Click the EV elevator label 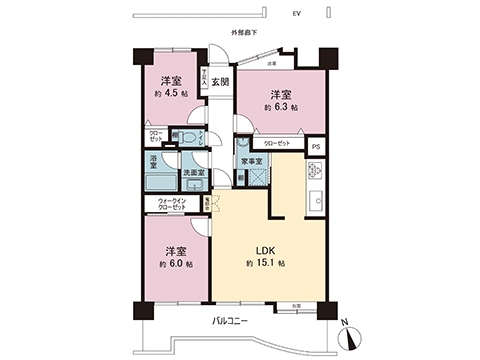click(x=297, y=15)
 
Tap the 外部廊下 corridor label click(x=244, y=33)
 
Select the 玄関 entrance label click(x=220, y=82)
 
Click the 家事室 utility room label click(x=251, y=161)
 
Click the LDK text click(x=263, y=249)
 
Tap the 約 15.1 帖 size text click(x=266, y=263)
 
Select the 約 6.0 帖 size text click(x=176, y=264)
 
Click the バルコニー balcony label click(x=231, y=319)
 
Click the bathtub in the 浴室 click(x=157, y=183)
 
